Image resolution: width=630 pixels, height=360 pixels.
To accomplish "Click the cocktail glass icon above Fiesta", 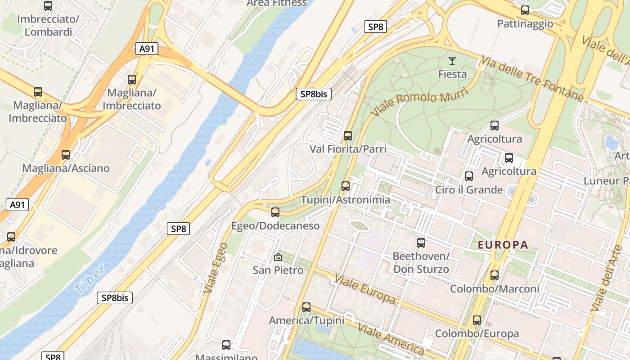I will pyautogui.click(x=452, y=60).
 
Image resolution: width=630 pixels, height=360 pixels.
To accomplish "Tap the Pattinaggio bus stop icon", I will pyautogui.click(x=525, y=10).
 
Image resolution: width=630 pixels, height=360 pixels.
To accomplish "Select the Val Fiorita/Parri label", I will pyautogui.click(x=348, y=149).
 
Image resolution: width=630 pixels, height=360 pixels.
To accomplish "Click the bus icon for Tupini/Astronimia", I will pyautogui.click(x=345, y=186).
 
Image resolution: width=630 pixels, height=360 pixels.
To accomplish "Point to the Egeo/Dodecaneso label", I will pyautogui.click(x=275, y=226).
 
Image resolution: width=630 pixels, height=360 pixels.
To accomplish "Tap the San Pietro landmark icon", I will pyautogui.click(x=278, y=257).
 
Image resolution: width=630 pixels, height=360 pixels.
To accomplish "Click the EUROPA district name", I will pyautogui.click(x=503, y=245).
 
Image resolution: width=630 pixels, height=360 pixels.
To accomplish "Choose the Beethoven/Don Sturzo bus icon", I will pyautogui.click(x=421, y=243).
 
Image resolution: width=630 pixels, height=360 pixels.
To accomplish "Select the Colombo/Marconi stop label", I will pyautogui.click(x=495, y=289).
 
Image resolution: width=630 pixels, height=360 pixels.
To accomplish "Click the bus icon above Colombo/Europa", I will pyautogui.click(x=477, y=321).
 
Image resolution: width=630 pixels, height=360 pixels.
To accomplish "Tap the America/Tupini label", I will pyautogui.click(x=306, y=321).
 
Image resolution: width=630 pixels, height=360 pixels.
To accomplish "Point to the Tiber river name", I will pyautogui.click(x=90, y=279).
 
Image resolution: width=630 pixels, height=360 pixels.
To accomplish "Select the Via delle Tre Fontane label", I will pyautogui.click(x=532, y=79).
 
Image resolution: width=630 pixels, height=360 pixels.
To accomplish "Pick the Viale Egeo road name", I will pyautogui.click(x=215, y=269).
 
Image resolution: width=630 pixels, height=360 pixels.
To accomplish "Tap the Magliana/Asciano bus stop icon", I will pyautogui.click(x=66, y=155).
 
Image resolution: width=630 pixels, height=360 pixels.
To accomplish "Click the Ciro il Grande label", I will pyautogui.click(x=468, y=190).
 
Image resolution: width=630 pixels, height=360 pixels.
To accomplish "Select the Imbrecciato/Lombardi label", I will pyautogui.click(x=48, y=26).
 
